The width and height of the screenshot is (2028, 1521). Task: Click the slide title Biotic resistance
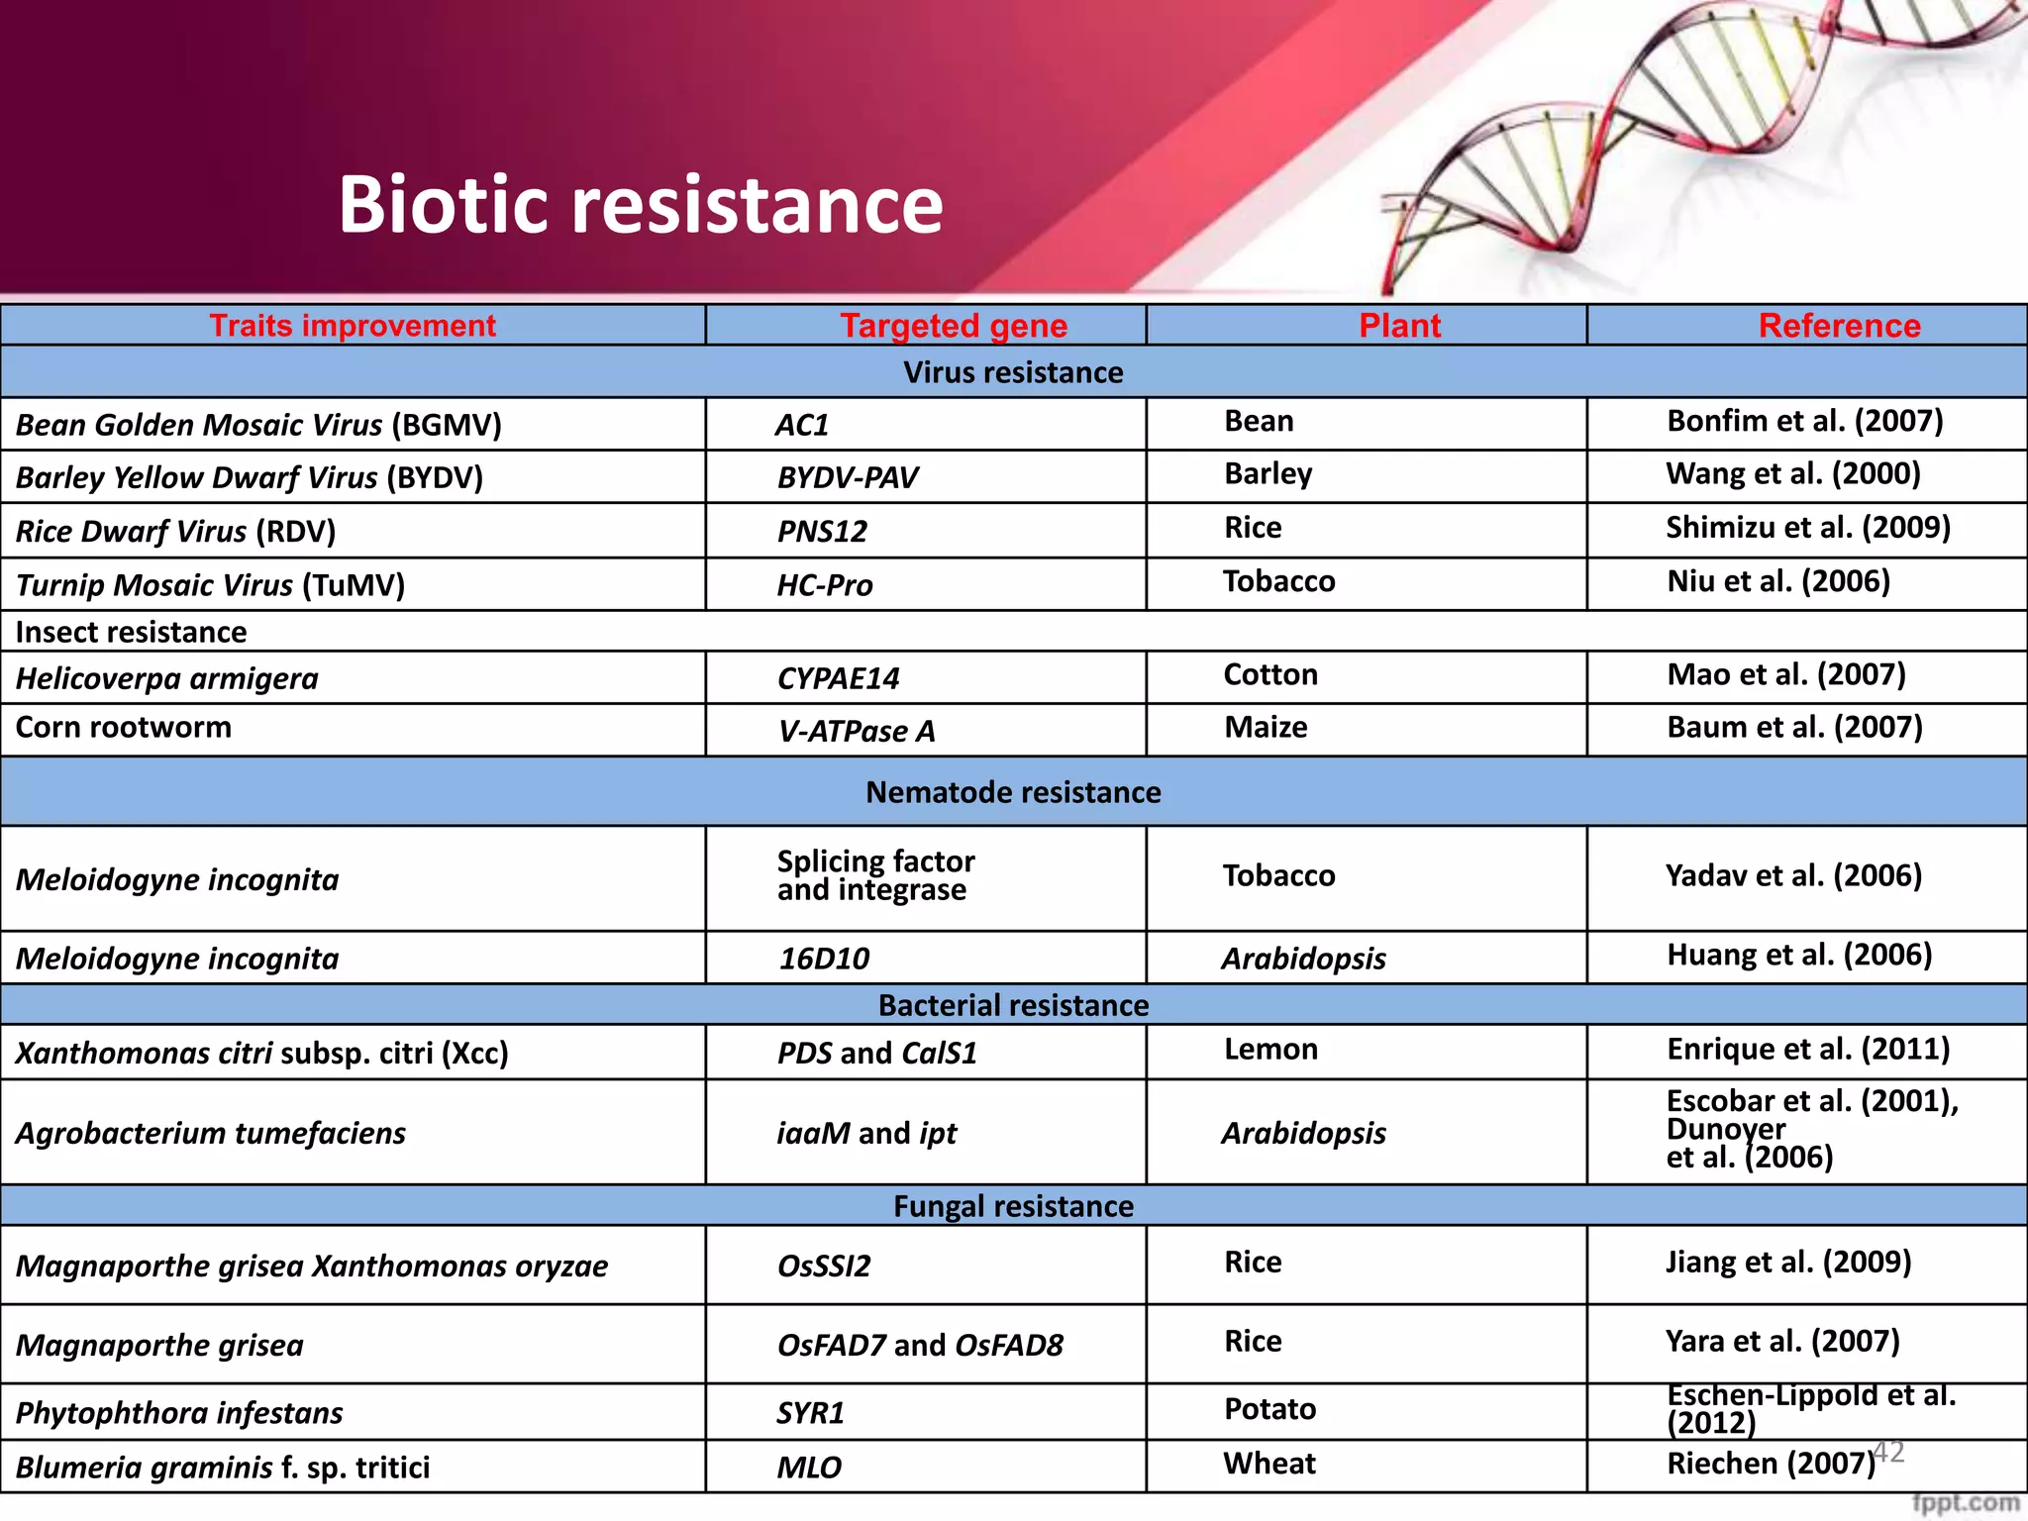pos(640,204)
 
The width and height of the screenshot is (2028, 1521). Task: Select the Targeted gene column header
pos(953,326)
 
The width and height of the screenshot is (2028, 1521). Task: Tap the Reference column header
pos(1839,326)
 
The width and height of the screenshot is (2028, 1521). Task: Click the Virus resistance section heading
pos(1013,372)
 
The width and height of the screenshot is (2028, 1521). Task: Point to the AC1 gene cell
pos(802,425)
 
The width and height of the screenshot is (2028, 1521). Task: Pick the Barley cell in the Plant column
pos(1267,473)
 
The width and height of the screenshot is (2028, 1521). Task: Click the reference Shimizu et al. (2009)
pos(1807,527)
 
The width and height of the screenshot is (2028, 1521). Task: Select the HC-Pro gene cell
pos(824,585)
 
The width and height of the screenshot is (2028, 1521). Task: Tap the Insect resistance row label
pos(132,632)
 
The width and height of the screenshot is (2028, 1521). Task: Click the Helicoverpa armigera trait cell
pos(167,678)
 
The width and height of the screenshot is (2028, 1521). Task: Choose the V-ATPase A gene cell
pos(856,731)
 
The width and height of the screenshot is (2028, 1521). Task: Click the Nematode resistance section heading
pos(1013,792)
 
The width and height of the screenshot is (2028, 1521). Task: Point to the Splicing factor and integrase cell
pos(875,875)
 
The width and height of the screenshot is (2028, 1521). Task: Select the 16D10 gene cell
pos(823,959)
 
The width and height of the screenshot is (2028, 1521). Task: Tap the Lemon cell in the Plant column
pos(1270,1049)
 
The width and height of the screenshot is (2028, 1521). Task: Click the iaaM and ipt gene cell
pos(866,1133)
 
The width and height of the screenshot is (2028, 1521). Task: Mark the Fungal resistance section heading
pos(1013,1206)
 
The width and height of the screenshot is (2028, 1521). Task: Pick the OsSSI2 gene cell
pos(823,1266)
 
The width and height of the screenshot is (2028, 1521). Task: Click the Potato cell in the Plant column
pos(1269,1408)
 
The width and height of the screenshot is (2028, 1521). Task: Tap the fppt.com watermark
pos(1965,1503)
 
